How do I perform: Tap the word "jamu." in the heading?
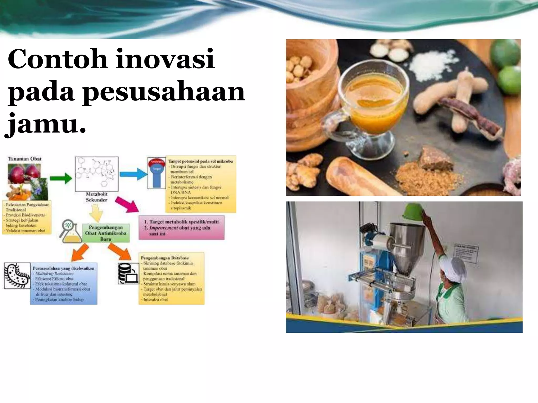click(x=46, y=123)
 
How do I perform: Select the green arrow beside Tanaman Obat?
click(x=61, y=178)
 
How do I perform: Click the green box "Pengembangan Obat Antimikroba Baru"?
click(x=106, y=233)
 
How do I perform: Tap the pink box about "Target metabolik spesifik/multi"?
click(x=181, y=227)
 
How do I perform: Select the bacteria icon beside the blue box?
click(x=17, y=275)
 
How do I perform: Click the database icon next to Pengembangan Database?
click(x=128, y=273)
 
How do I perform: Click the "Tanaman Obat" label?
click(x=25, y=159)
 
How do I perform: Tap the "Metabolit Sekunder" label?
click(x=97, y=197)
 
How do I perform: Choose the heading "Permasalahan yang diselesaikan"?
click(x=63, y=268)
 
